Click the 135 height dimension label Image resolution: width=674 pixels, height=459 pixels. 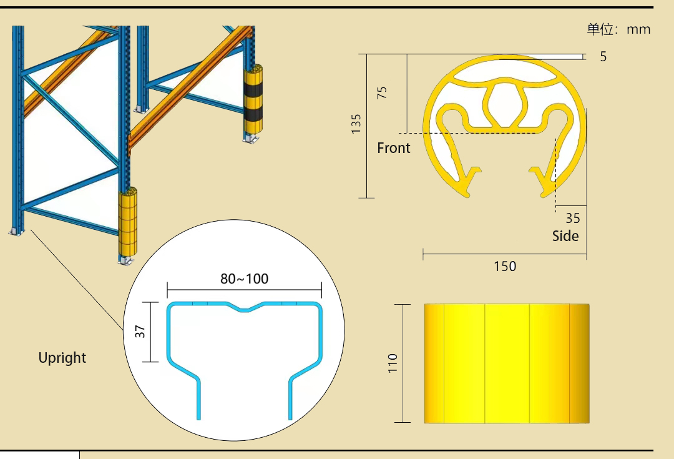[356, 124]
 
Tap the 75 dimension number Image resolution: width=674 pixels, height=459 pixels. [382, 92]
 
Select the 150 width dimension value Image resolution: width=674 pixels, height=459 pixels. [505, 266]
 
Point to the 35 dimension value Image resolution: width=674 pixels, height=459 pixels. [572, 219]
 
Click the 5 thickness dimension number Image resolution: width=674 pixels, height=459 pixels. [603, 57]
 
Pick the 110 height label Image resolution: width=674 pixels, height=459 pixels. [393, 363]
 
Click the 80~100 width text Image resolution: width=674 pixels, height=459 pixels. [244, 279]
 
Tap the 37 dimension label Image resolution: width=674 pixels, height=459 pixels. [140, 331]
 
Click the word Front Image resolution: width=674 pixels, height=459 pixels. [394, 148]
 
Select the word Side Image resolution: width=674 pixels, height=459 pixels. [565, 235]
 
